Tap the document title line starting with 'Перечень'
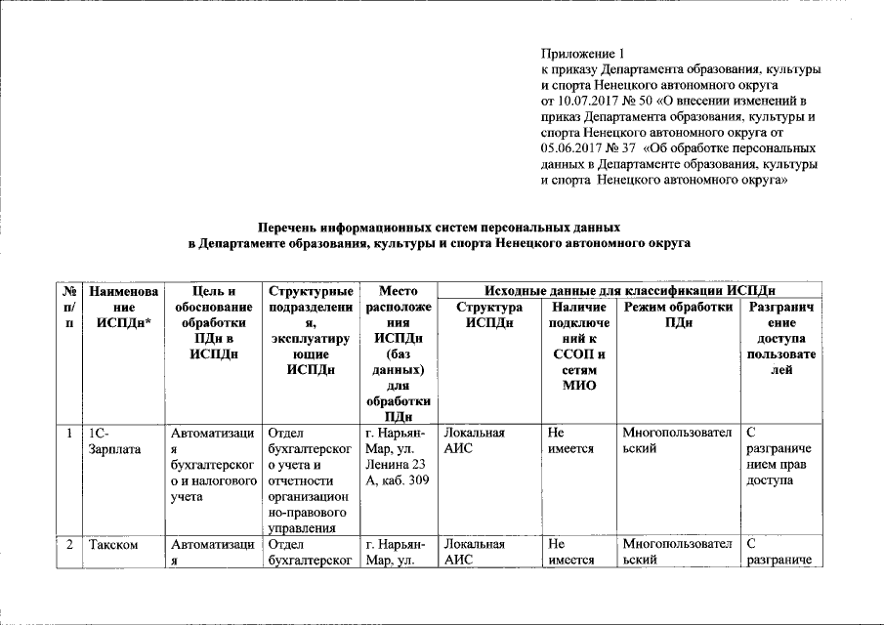click(x=440, y=226)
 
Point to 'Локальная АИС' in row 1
click(x=475, y=440)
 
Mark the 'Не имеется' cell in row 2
click(x=566, y=553)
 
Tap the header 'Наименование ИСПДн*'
click(x=123, y=307)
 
